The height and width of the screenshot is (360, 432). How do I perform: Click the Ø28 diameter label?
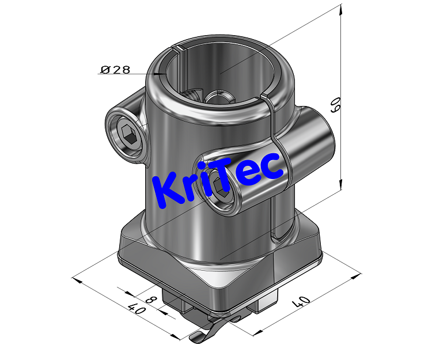coord(115,70)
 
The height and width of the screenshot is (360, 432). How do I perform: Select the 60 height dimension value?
coord(333,104)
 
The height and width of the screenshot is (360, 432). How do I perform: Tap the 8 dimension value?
coord(150,300)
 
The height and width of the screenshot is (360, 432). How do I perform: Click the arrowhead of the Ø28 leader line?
coord(162,74)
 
